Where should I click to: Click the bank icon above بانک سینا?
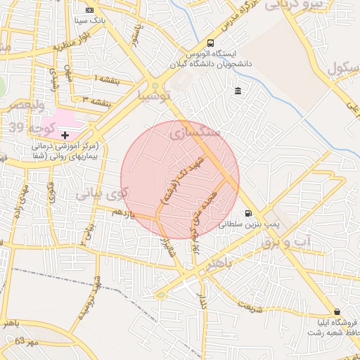click(x=89, y=10)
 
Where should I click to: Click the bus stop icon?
click(x=211, y=44)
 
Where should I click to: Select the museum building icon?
click(x=238, y=91)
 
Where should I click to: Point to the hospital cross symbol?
click(x=65, y=134)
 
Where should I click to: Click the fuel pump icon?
click(x=247, y=214)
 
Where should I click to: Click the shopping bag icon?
click(x=337, y=311)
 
